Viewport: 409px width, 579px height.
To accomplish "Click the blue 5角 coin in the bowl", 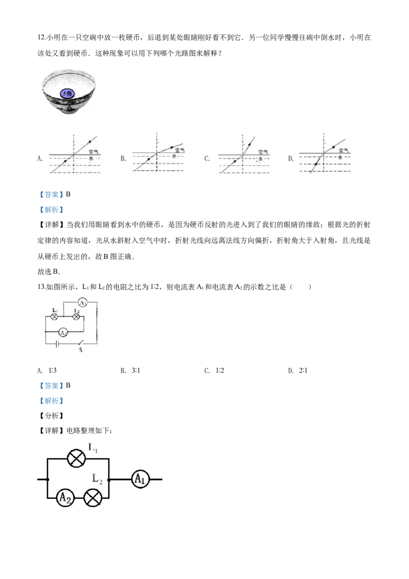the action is coord(67,94).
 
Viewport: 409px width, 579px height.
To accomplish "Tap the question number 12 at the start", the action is coord(41,38).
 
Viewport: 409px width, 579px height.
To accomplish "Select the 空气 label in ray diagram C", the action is coord(263,152).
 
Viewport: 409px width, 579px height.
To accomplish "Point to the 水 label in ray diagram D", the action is coord(339,158).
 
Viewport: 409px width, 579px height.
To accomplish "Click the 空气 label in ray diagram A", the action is coord(94,151).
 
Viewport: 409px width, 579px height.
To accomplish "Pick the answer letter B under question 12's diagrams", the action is coord(69,194).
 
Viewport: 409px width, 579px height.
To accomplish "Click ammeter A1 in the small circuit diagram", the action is coord(83,303).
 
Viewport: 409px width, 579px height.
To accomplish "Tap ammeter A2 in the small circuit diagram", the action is coord(63,332).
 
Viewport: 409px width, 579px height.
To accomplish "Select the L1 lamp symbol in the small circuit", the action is coord(54,317).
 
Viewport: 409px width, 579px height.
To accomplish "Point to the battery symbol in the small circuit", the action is coord(56,344).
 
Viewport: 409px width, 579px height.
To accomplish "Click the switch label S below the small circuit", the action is coord(80,350).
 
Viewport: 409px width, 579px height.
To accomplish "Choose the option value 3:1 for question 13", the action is coord(136,370).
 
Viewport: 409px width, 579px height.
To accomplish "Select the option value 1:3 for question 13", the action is coord(53,370).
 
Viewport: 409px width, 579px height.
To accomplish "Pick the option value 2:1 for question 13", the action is coord(303,370).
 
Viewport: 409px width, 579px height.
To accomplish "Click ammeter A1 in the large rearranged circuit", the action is coord(140,479).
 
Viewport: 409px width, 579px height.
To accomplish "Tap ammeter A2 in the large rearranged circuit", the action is coord(65,498).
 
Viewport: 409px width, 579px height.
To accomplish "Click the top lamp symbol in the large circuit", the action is coord(76,459).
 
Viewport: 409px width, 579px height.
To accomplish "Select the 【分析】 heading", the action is coord(51,416).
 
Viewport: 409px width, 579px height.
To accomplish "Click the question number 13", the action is coord(41,287).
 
